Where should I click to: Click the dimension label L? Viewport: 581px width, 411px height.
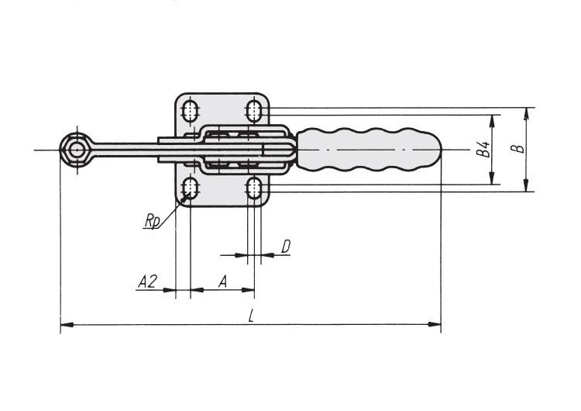252,316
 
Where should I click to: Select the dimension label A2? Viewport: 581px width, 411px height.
147,282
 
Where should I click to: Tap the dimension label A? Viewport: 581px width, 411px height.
222,282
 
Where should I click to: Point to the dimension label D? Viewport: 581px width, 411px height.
286,247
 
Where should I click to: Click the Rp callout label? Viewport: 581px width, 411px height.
153,222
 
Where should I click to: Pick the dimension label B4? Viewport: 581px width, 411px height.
483,149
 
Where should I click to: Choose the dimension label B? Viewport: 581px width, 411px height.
518,148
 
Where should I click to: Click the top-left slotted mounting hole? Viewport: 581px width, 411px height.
190,110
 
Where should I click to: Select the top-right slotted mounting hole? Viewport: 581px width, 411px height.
254,110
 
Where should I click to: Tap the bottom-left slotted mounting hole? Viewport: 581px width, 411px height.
190,188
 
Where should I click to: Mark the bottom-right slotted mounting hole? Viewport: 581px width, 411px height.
254,188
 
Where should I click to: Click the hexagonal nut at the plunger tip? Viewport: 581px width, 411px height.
77,150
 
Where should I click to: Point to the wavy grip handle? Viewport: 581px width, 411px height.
370,150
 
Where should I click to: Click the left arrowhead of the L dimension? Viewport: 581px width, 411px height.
66,325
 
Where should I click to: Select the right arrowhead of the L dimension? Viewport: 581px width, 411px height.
435,325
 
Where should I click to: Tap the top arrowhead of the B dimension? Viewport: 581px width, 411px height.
526,113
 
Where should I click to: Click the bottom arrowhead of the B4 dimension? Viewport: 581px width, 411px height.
492,178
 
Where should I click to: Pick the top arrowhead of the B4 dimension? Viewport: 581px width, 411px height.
492,121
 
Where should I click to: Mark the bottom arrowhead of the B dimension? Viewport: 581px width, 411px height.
526,185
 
